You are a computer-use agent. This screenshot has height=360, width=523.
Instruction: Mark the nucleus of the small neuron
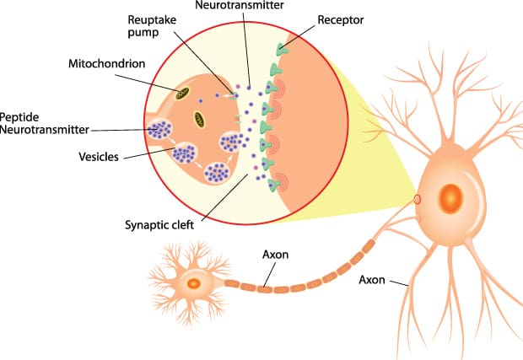point(194,283)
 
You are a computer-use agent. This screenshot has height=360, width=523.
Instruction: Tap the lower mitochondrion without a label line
point(200,119)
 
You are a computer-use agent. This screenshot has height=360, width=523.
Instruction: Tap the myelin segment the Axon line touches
point(265,288)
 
